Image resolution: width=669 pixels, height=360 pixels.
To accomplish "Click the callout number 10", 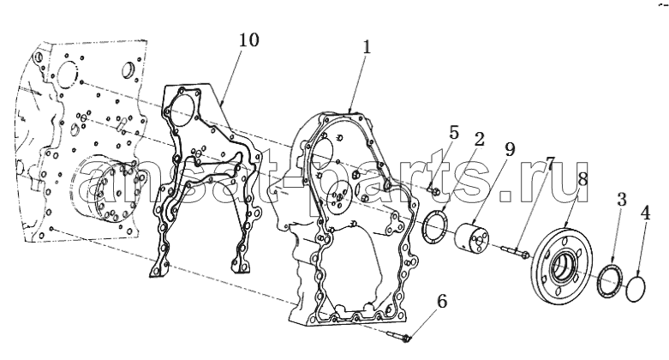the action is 248,40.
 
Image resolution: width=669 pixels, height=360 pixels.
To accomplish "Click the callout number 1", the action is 366,47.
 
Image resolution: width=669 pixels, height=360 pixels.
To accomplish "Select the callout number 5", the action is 453,133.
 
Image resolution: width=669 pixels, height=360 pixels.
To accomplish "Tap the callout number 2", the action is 479,139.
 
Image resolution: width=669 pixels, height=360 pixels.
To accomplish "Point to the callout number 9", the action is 510,149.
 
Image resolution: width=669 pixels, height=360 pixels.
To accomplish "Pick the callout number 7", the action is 550,164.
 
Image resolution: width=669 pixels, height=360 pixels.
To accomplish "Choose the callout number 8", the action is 582,178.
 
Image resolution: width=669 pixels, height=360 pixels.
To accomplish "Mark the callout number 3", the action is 622,200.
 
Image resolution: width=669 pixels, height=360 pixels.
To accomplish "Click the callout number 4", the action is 647,213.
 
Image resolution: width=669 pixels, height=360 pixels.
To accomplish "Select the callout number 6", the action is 442,302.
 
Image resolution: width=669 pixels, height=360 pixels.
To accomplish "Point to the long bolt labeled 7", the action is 515,251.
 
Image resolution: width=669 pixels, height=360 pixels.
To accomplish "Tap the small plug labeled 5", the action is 433,191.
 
